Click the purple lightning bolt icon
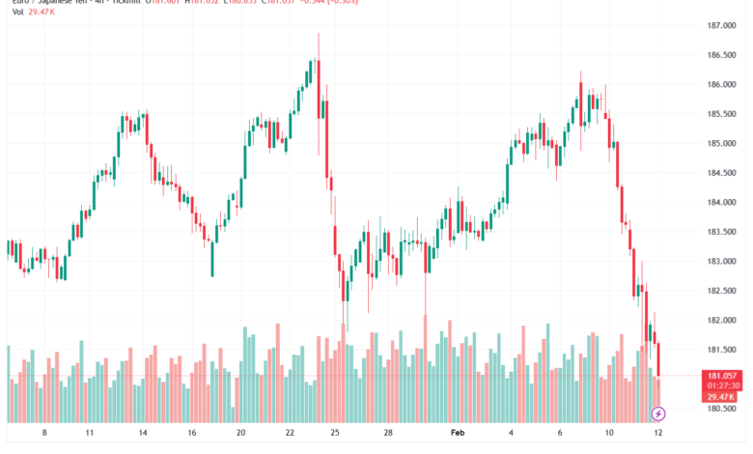point(658,413)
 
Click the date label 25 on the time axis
point(335,434)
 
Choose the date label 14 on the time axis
point(142,434)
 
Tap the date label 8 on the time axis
point(44,434)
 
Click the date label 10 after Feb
point(608,434)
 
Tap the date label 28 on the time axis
point(387,434)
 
